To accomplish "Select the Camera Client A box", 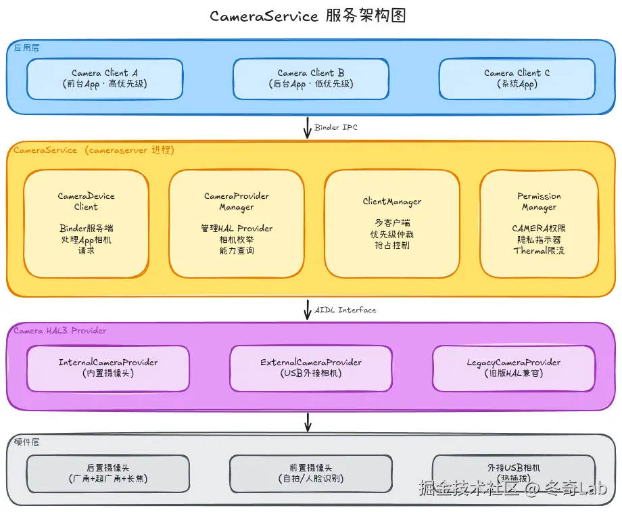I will (x=105, y=78).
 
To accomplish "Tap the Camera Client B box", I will (x=311, y=78).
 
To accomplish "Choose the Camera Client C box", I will (x=517, y=78).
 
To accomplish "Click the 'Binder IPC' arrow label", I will (x=336, y=127).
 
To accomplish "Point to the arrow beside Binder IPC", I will (x=308, y=127).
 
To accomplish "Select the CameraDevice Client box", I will (x=86, y=223).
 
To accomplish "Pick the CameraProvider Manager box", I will (x=237, y=223).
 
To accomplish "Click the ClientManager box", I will (x=392, y=223).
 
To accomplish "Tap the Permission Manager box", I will (x=539, y=223).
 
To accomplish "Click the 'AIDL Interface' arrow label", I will (x=345, y=310).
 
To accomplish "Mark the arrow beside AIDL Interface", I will (x=308, y=310).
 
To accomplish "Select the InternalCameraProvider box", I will (x=108, y=368).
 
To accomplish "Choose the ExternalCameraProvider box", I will (x=311, y=368).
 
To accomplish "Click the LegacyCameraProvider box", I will (x=514, y=368).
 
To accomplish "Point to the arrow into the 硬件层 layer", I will (x=308, y=422).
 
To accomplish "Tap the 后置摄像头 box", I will (x=108, y=473).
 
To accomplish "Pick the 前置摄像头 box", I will (x=311, y=473).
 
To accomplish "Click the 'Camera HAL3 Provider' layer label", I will (x=60, y=331).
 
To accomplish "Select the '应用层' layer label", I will (x=27, y=47).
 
